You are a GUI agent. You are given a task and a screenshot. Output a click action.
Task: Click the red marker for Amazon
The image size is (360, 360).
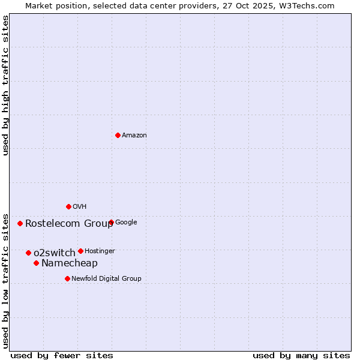pos(118,135)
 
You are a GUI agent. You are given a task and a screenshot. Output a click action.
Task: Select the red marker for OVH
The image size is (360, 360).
pos(68,206)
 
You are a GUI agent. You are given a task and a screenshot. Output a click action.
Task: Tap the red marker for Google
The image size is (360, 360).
pos(111,223)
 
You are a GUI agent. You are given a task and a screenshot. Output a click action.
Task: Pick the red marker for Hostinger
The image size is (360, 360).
pos(80,251)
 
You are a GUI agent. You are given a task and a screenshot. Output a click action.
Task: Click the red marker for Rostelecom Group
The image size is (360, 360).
pos(20,223)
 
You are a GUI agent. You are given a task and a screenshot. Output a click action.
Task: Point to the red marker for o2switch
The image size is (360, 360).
pos(28,253)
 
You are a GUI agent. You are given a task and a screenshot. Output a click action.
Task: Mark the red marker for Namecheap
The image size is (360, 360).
pos(36,263)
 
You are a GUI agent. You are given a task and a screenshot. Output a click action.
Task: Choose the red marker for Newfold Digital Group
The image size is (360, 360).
pos(67,278)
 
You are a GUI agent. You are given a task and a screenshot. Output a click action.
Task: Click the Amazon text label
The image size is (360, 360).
pos(134,136)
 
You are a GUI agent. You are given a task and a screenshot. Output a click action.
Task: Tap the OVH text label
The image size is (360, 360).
pos(80,207)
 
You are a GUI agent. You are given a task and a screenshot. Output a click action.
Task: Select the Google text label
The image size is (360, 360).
pos(126,223)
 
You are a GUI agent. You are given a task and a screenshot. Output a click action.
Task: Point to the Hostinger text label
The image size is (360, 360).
pos(100,251)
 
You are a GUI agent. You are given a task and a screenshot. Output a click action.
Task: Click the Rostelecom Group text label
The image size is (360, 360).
pos(69,224)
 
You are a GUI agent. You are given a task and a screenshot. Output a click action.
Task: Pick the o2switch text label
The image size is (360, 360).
pos(55,253)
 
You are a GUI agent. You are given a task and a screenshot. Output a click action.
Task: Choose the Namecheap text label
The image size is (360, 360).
pos(70,263)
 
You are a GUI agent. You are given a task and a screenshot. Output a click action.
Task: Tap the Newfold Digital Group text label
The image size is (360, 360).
pos(106,278)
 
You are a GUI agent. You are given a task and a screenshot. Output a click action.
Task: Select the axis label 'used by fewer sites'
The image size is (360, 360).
pos(62,355)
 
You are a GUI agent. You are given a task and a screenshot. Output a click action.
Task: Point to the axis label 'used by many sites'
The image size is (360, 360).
pos(301,355)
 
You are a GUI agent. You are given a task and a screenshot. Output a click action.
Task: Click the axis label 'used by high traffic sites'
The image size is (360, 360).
pos(6,85)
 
